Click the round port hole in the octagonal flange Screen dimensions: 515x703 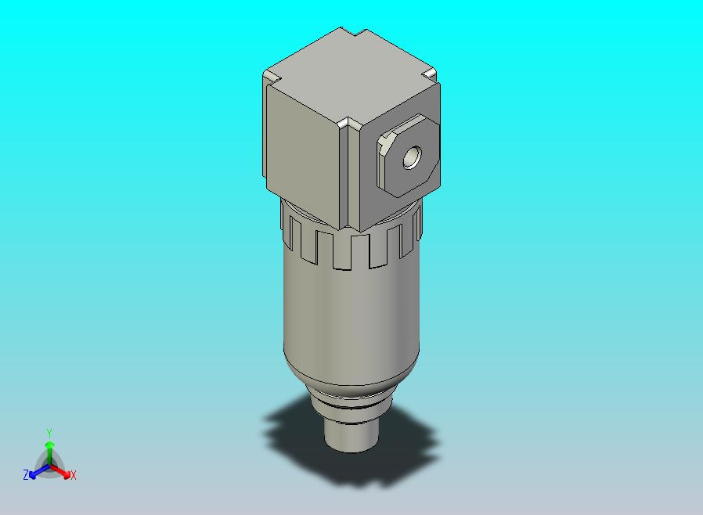[x=410, y=160]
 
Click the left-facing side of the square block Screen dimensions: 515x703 [x=302, y=153]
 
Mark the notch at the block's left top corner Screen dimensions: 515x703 [x=270, y=77]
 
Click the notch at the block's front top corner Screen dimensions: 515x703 [x=347, y=124]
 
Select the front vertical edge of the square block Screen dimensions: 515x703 [x=341, y=180]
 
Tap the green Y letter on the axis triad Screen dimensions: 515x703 [x=49, y=433]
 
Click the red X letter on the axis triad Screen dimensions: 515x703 [x=74, y=475]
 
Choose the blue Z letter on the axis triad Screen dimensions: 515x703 [x=25, y=475]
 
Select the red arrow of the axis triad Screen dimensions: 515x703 [x=63, y=471]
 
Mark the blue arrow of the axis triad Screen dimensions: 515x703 [x=36, y=472]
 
